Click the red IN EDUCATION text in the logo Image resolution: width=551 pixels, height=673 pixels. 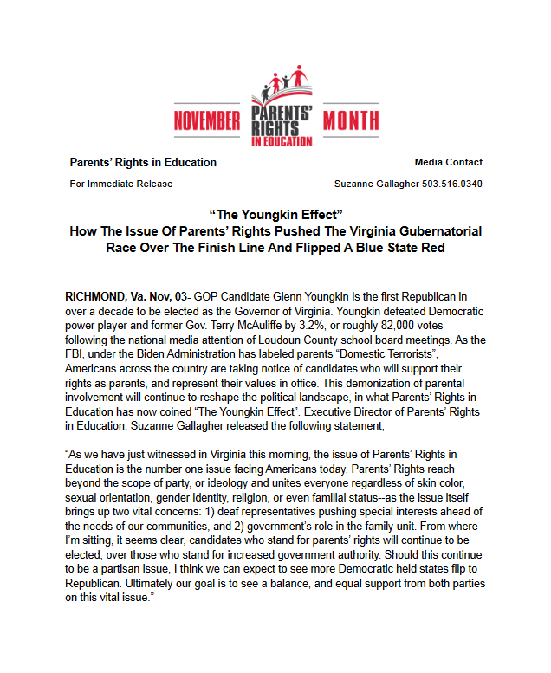click(280, 140)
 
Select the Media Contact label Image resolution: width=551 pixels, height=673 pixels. click(448, 162)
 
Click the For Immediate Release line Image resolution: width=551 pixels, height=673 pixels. click(120, 184)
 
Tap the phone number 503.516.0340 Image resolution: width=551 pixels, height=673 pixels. click(455, 184)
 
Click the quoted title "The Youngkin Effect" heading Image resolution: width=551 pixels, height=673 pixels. click(276, 214)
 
